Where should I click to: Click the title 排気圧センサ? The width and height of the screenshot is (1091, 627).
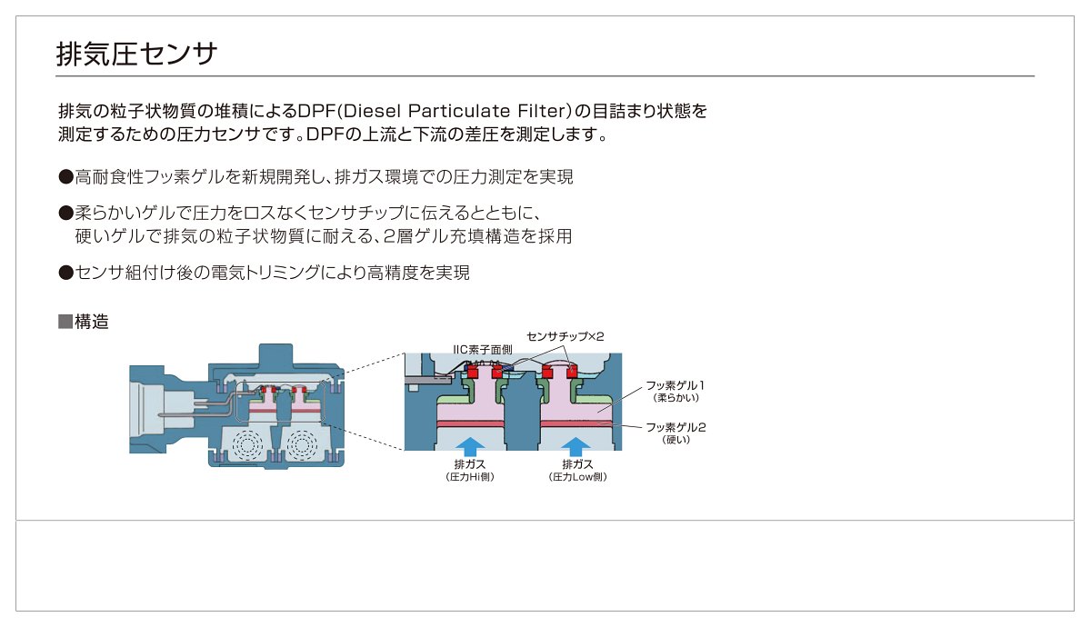(136, 54)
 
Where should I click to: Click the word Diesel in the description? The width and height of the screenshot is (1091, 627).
(370, 111)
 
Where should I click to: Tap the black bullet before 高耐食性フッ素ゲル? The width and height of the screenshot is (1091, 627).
(65, 176)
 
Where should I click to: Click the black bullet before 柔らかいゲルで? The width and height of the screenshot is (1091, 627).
(65, 213)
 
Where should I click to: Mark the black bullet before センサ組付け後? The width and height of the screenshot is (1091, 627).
(65, 273)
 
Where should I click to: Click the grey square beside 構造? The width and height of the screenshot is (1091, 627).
(65, 322)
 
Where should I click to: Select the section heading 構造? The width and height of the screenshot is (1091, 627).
(92, 322)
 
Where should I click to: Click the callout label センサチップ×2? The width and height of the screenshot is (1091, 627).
(565, 336)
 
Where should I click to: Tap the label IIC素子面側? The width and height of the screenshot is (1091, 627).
(483, 350)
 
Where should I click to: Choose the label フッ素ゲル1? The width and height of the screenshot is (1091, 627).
(675, 385)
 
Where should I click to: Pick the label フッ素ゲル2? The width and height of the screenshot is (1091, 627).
(676, 427)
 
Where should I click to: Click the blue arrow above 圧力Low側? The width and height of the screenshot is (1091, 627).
(576, 447)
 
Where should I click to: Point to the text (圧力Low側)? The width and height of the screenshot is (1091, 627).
(577, 477)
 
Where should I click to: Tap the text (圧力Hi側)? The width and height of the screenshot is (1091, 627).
(470, 477)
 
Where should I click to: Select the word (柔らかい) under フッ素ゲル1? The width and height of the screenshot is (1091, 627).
(676, 398)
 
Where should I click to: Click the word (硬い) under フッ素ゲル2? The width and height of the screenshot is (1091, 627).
(676, 440)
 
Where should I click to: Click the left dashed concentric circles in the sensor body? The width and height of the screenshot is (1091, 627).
(247, 444)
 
